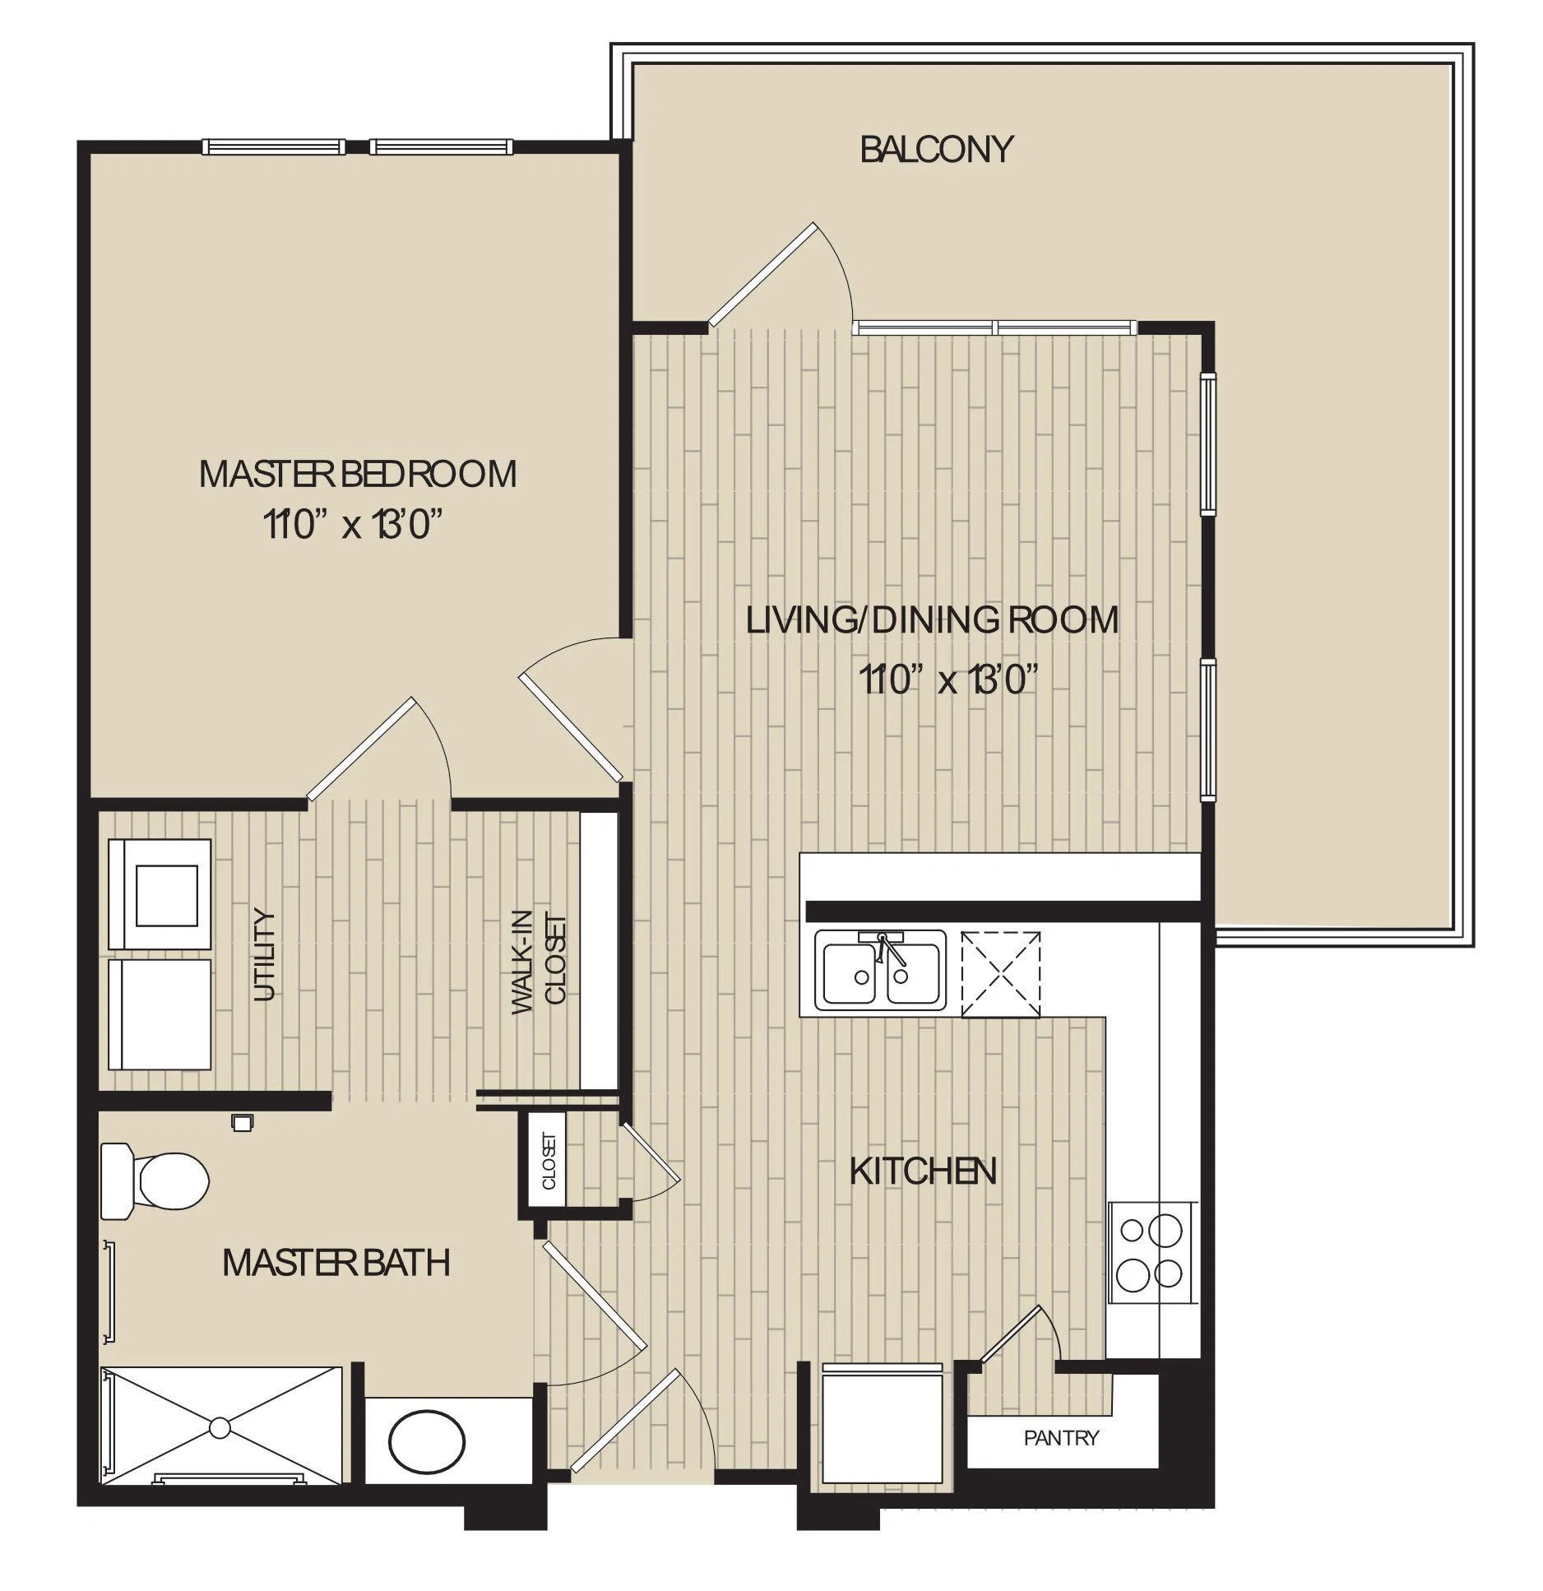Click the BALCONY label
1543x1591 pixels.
(x=936, y=150)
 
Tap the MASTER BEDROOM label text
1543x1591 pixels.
(x=358, y=475)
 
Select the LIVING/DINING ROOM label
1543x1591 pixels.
(x=933, y=619)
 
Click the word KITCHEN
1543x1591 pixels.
(x=923, y=1171)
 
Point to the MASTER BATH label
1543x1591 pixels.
(x=336, y=1263)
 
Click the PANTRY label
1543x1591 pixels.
(x=1061, y=1438)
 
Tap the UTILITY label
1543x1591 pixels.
(x=264, y=954)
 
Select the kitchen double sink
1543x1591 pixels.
(x=880, y=971)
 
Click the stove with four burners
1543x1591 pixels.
(x=1151, y=1253)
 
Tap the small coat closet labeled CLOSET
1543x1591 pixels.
(x=549, y=1161)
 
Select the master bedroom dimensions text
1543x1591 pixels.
(x=348, y=524)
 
